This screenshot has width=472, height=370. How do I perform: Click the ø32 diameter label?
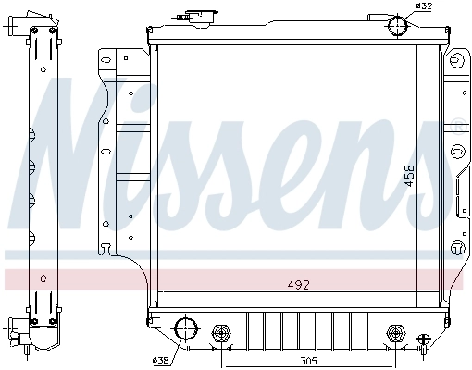click(x=424, y=6)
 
